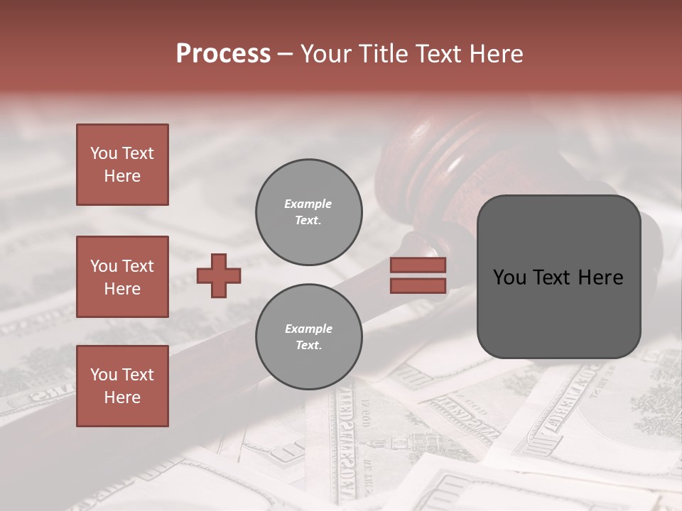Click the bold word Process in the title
pyautogui.click(x=223, y=54)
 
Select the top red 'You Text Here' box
pyautogui.click(x=122, y=165)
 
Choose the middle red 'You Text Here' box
pyautogui.click(x=122, y=277)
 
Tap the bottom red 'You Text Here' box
pyautogui.click(x=122, y=386)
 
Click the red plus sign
pyautogui.click(x=219, y=275)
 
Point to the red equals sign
pyautogui.click(x=418, y=275)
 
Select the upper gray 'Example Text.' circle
pyautogui.click(x=308, y=211)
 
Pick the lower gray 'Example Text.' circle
pyautogui.click(x=308, y=336)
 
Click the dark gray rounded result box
pyautogui.click(x=558, y=276)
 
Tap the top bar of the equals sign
pyautogui.click(x=418, y=265)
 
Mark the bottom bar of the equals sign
pyautogui.click(x=418, y=285)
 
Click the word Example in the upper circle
pyautogui.click(x=308, y=204)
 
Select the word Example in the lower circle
pyautogui.click(x=308, y=329)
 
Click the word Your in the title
pyautogui.click(x=325, y=54)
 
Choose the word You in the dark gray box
pyautogui.click(x=509, y=278)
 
